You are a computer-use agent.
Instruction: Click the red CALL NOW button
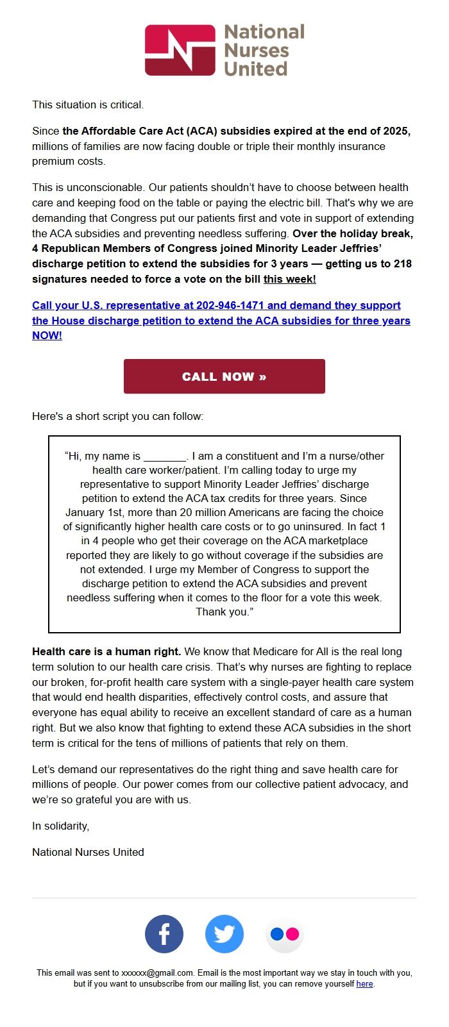click(x=224, y=376)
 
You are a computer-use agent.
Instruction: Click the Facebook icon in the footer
click(x=164, y=934)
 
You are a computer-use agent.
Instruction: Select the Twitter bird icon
click(x=224, y=934)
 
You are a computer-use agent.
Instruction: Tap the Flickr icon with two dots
click(x=285, y=934)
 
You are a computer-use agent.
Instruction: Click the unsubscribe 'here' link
click(x=364, y=983)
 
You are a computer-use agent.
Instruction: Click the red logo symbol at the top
click(x=180, y=50)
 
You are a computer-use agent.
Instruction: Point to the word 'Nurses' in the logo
click(x=256, y=50)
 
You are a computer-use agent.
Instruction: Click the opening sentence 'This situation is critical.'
click(x=88, y=104)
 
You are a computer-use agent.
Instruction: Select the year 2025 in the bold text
click(x=396, y=131)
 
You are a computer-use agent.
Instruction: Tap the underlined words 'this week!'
click(x=289, y=279)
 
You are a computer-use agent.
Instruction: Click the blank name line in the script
click(x=164, y=456)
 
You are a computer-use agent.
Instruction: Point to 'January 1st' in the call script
click(x=92, y=512)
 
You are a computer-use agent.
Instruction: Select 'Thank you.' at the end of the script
click(x=224, y=612)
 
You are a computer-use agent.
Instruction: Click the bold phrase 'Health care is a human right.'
click(x=106, y=651)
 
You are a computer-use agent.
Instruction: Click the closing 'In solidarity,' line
click(x=60, y=826)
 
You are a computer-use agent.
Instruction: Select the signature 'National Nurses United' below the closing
click(x=88, y=852)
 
